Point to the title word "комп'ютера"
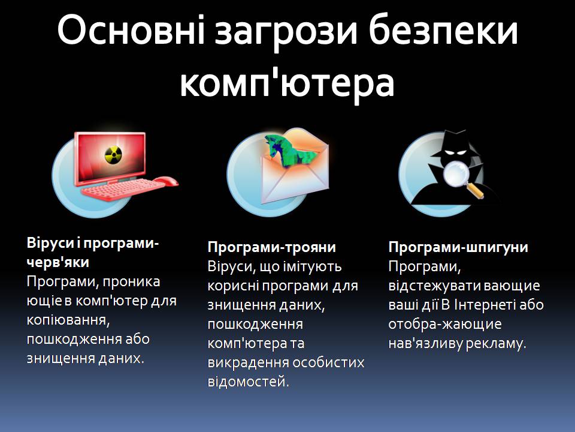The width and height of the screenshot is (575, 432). pyautogui.click(x=287, y=83)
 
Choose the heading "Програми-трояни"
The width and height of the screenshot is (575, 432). pyautogui.click(x=271, y=247)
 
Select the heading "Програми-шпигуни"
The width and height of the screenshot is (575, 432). pyautogui.click(x=458, y=247)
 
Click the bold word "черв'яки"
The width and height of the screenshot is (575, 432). pyautogui.click(x=58, y=262)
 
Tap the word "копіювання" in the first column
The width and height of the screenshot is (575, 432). pyautogui.click(x=66, y=320)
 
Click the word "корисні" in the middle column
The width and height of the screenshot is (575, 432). pyautogui.click(x=231, y=286)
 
